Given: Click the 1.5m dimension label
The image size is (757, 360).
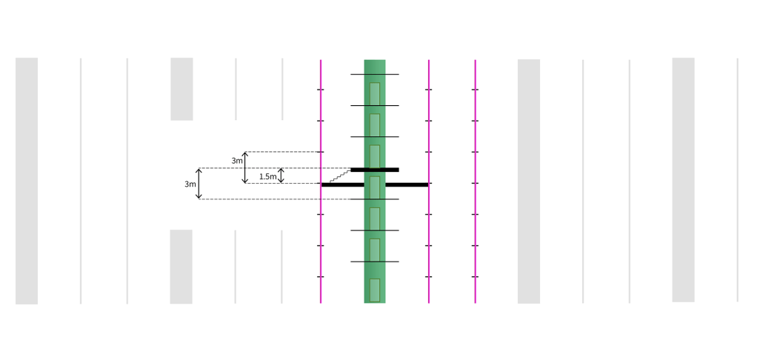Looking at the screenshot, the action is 267,176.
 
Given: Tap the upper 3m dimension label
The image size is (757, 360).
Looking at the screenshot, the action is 236,161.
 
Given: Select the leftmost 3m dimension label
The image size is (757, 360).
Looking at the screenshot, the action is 190,184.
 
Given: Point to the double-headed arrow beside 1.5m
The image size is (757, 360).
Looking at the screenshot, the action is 281,176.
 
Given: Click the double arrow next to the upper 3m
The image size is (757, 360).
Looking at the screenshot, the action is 245,167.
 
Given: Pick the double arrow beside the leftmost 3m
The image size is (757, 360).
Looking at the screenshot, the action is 199,184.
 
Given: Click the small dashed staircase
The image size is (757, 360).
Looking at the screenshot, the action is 341,176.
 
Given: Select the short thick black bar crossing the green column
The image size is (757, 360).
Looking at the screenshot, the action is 375,170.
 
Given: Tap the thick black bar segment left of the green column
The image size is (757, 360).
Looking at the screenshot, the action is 343,185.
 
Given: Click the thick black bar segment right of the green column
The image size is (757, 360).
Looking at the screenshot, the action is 407,185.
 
